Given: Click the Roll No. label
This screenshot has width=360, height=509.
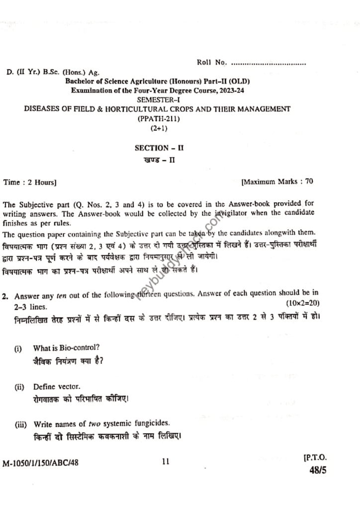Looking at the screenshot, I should [x=212, y=63].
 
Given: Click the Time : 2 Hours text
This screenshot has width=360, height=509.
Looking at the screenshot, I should [x=30, y=182].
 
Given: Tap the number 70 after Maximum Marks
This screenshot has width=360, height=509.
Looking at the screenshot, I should [x=309, y=181].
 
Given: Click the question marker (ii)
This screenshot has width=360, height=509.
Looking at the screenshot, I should [x=19, y=386].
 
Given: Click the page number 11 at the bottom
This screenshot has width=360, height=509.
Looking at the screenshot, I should [x=166, y=462].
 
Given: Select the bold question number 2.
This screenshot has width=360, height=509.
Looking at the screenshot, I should [x=4, y=296].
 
